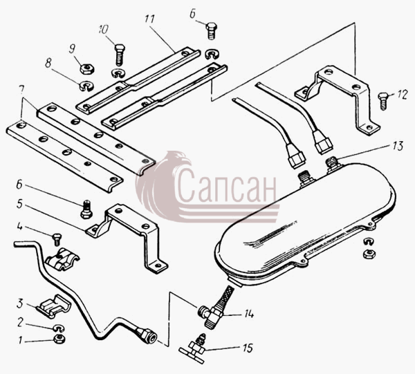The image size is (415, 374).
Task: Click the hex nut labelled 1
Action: click(x=59, y=339)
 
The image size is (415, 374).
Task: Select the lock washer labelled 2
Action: click(x=59, y=328)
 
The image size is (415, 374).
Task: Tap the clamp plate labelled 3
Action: click(x=54, y=306)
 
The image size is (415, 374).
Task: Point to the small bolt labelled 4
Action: click(x=57, y=239)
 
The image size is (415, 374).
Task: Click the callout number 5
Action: click(x=19, y=205)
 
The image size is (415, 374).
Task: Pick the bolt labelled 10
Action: click(x=120, y=55)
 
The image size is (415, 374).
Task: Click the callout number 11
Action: click(x=150, y=19)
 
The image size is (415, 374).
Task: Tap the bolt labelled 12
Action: click(x=383, y=101)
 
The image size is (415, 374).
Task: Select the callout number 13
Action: click(x=398, y=146)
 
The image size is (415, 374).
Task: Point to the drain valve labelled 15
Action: click(x=194, y=349)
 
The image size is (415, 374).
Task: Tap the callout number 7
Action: click(x=21, y=90)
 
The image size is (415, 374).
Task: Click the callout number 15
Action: click(x=247, y=348)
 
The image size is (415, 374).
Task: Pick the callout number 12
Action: click(x=402, y=95)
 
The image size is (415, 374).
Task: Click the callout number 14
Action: click(x=249, y=314)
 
